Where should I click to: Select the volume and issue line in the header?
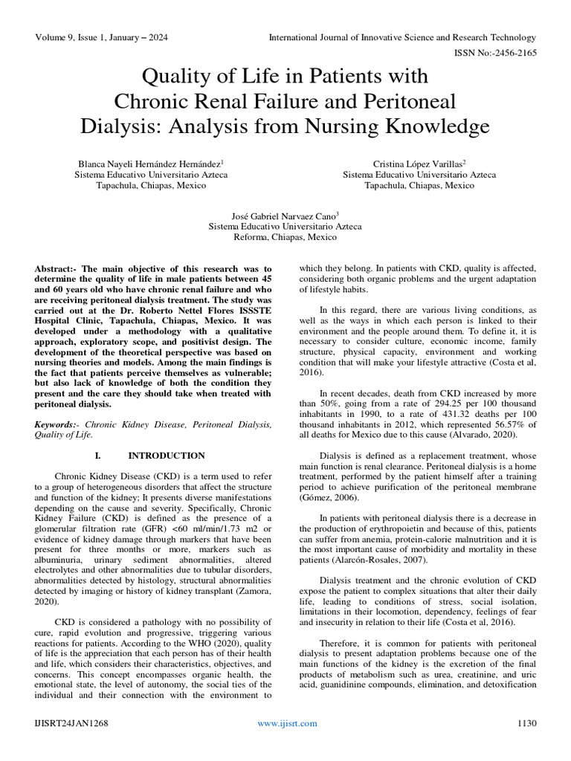101,36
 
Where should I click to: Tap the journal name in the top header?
401,36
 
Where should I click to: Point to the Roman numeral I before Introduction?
99,456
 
